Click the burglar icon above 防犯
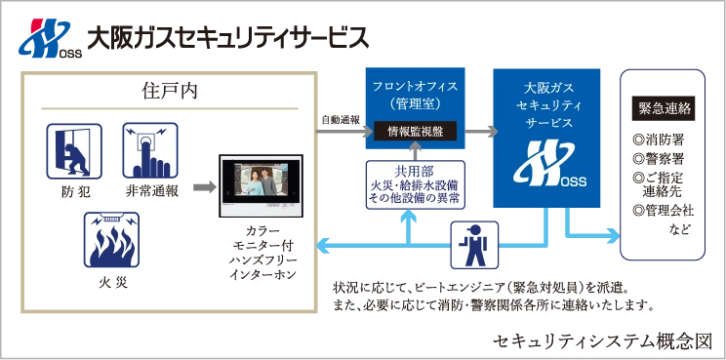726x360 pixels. tap(74, 151)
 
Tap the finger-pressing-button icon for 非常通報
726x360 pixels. tap(150, 150)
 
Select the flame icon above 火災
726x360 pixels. tap(111, 240)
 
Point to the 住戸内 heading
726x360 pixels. tap(169, 92)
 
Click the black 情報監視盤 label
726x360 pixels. tap(416, 132)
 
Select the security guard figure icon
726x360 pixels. tap(474, 245)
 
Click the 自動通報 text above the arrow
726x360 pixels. tap(341, 119)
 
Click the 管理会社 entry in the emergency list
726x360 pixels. tap(663, 211)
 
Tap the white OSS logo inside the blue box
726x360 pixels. tap(549, 164)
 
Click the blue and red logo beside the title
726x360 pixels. tap(50, 38)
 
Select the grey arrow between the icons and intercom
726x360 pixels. tap(205, 187)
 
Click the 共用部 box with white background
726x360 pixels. tap(416, 184)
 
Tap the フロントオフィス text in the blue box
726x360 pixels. tap(416, 87)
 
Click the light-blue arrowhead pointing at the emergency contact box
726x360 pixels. tap(613, 235)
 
